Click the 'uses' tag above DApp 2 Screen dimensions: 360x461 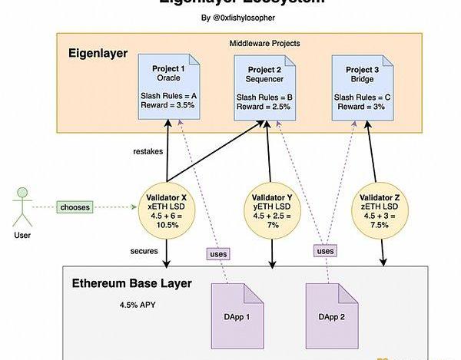326,251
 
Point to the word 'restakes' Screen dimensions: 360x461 148,152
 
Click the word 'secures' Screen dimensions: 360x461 144,251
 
